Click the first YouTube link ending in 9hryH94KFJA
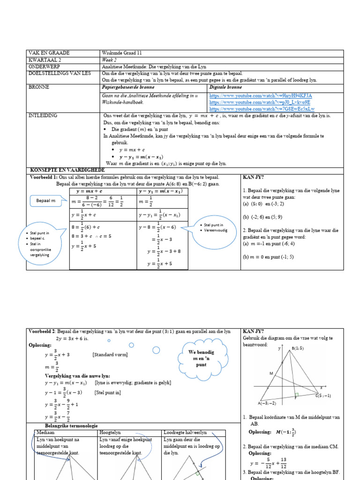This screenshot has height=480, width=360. click(x=260, y=95)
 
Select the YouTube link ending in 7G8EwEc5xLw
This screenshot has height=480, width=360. click(x=262, y=108)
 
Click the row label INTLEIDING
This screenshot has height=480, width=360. click(x=43, y=115)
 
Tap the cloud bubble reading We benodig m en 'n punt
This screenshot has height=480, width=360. click(x=201, y=357)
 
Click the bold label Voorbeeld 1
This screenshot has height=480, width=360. click(x=43, y=178)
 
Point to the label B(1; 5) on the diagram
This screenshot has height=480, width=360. click(x=297, y=348)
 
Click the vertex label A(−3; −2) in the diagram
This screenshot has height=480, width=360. click(x=270, y=403)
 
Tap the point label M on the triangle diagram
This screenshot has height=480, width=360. click(x=271, y=373)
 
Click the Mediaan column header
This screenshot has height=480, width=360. click(x=45, y=432)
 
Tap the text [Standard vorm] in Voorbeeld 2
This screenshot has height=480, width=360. click(x=110, y=354)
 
